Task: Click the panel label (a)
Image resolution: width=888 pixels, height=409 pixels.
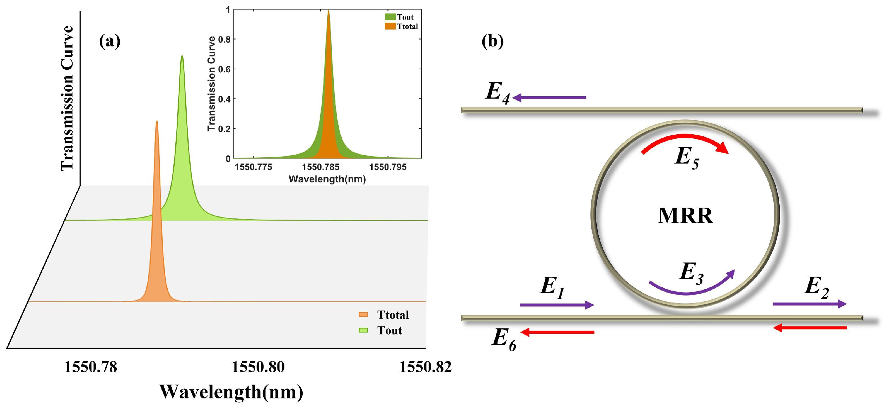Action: (110, 41)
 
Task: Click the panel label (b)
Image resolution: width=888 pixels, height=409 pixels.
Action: (493, 41)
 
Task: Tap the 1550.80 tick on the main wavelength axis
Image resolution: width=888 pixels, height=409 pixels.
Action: (258, 367)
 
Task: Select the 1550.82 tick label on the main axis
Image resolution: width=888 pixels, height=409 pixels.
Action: (425, 367)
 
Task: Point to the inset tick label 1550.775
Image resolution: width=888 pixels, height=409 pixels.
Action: (253, 167)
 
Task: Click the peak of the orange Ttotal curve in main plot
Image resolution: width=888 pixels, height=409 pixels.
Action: (157, 122)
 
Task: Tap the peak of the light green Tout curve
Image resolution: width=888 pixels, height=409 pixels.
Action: (182, 56)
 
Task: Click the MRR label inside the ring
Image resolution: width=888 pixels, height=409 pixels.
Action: (685, 216)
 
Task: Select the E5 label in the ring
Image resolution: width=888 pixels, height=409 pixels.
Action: (687, 158)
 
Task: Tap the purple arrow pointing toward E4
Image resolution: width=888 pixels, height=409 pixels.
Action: (550, 98)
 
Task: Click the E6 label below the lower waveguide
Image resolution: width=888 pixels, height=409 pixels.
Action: (504, 339)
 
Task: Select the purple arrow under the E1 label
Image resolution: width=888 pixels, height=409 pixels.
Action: (557, 305)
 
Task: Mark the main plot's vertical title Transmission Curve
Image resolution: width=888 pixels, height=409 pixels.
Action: (67, 98)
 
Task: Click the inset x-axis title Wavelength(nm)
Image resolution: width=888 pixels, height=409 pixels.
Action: (327, 179)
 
